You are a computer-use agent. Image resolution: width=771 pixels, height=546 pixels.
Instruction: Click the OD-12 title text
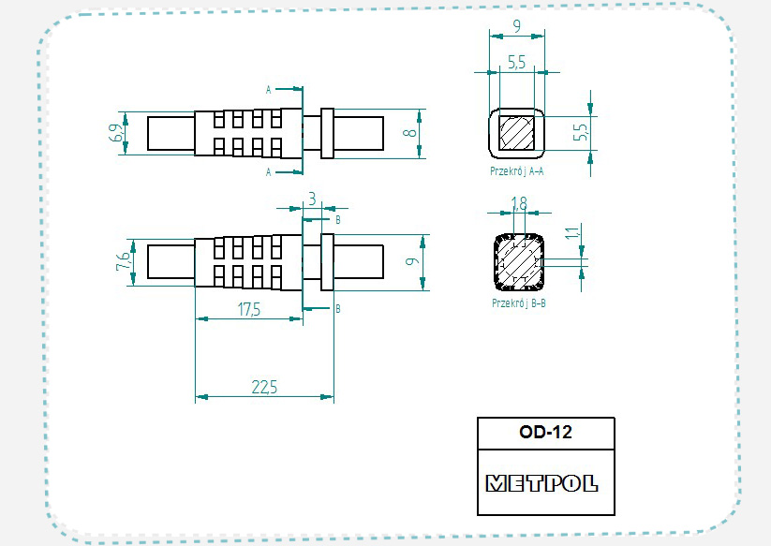pyautogui.click(x=545, y=433)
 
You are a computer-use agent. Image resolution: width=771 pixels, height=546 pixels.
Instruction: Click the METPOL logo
pyautogui.click(x=541, y=484)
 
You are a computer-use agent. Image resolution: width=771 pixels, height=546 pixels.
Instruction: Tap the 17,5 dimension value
pyautogui.click(x=248, y=311)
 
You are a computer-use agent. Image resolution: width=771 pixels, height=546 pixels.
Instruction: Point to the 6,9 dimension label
pyautogui.click(x=116, y=133)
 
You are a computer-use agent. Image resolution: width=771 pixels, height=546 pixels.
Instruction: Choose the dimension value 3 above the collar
pyautogui.click(x=312, y=198)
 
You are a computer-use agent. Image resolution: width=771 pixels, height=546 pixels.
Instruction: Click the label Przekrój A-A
pyautogui.click(x=517, y=171)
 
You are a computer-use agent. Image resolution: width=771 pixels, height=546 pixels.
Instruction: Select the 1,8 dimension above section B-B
pyautogui.click(x=519, y=201)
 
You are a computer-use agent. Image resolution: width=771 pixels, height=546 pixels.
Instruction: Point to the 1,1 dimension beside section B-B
pyautogui.click(x=572, y=234)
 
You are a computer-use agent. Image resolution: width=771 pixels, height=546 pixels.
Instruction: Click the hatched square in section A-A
pyautogui.click(x=516, y=133)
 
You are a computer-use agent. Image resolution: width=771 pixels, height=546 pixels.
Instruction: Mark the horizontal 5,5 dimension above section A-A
pyautogui.click(x=517, y=63)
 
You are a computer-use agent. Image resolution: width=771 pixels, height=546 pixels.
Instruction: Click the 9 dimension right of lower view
pyautogui.click(x=410, y=261)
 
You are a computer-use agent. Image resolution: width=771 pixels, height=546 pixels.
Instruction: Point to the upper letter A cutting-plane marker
pyautogui.click(x=269, y=90)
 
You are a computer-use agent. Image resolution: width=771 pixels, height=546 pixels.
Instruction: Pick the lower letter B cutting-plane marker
pyautogui.click(x=337, y=308)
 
